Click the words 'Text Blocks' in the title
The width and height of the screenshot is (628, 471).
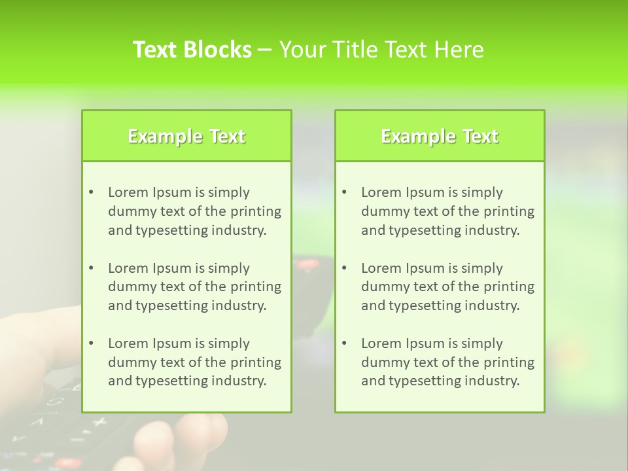(192, 50)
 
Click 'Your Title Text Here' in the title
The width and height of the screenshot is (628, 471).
(381, 50)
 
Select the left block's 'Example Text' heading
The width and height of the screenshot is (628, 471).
(186, 136)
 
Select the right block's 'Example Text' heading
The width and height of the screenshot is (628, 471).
(440, 136)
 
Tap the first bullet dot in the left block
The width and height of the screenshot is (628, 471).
(91, 192)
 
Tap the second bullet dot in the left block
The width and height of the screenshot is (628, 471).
(91, 268)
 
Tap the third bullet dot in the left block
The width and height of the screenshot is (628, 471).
(91, 343)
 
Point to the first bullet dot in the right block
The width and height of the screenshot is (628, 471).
(344, 192)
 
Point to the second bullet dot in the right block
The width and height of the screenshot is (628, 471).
(344, 268)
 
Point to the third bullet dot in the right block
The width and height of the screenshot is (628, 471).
(344, 343)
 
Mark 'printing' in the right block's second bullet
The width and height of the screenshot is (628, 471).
(510, 287)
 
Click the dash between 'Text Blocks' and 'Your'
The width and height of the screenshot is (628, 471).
(265, 50)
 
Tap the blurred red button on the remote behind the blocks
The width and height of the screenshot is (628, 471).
(306, 265)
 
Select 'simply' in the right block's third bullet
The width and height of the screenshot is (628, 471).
(482, 343)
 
